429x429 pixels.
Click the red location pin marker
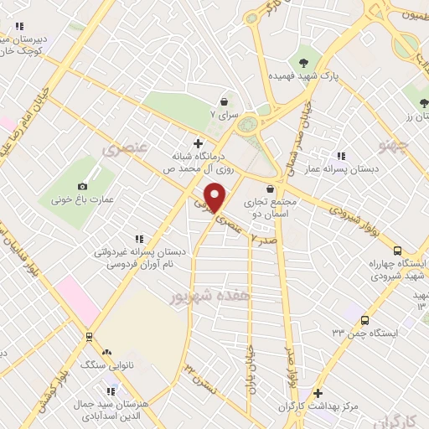[216, 197]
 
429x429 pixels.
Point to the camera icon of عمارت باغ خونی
[82, 186]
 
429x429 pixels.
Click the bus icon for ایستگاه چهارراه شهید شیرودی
[397, 251]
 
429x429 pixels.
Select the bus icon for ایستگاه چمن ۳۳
[364, 320]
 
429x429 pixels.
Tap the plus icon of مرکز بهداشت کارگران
[317, 393]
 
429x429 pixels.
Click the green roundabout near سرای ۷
[249, 126]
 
